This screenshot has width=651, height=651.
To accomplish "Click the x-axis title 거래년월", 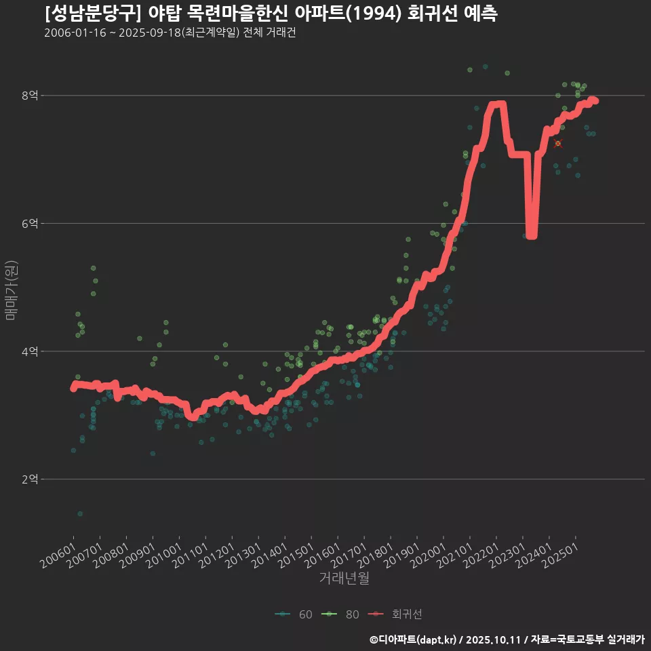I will [344, 578].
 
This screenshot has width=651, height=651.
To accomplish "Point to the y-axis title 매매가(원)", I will [11, 290].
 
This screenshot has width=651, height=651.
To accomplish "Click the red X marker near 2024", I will [558, 144].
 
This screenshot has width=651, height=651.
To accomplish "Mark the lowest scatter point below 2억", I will [80, 514].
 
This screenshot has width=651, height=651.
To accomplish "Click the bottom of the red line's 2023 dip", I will [532, 235].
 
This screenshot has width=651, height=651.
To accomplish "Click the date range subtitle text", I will [170, 33].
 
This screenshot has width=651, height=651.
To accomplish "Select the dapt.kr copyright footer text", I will [507, 639].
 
